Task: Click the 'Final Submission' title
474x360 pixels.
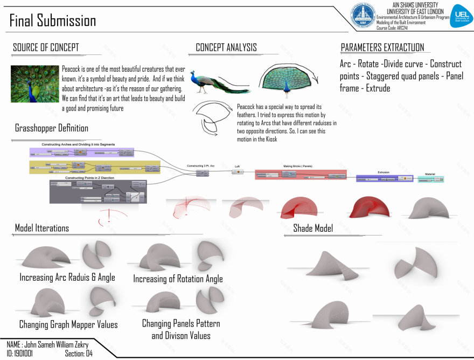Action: point(53,20)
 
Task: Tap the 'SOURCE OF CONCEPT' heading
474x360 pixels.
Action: point(46,47)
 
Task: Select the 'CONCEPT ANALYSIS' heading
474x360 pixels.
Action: point(226,47)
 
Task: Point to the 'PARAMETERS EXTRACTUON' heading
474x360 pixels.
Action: point(382,47)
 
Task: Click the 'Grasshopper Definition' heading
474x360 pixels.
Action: point(52,128)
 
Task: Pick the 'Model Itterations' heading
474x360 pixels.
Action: point(42,228)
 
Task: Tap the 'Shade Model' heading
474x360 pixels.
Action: point(313,229)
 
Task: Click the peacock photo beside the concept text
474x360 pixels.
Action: point(33,84)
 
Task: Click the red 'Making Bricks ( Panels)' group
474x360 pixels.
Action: point(298,174)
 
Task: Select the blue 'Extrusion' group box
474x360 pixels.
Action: point(384,177)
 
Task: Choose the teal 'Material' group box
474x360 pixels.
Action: point(430,178)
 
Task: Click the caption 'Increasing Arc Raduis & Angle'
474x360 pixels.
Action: point(67,278)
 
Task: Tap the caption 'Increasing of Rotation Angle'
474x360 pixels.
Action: point(178,279)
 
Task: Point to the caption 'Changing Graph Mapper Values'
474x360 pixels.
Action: point(68,325)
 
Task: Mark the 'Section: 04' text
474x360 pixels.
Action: point(79,354)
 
